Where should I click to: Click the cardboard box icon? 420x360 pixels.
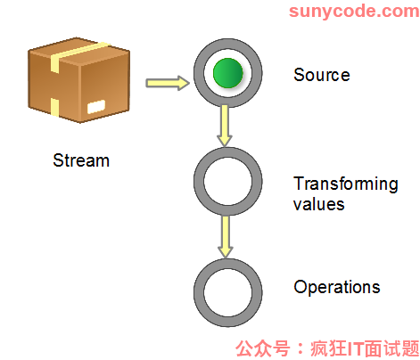click(78, 79)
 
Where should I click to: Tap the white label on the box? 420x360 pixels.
click(96, 107)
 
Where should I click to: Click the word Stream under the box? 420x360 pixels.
click(81, 160)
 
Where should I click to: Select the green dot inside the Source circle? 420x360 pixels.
click(228, 73)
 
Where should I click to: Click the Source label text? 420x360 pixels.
click(322, 75)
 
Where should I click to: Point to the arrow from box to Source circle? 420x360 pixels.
click(168, 83)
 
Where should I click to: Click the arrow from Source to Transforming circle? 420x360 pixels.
click(225, 126)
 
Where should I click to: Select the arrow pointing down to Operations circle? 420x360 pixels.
click(226, 236)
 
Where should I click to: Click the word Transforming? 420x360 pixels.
click(346, 184)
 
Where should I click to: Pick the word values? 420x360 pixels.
click(319, 204)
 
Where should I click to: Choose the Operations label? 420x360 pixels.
click(337, 287)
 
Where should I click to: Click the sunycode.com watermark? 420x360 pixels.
click(354, 12)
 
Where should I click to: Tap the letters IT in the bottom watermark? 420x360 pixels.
click(356, 348)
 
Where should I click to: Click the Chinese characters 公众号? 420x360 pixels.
click(263, 348)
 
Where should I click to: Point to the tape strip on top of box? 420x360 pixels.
click(78, 56)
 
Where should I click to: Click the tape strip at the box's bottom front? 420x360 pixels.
click(54, 107)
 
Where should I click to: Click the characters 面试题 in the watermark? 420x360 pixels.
click(392, 348)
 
